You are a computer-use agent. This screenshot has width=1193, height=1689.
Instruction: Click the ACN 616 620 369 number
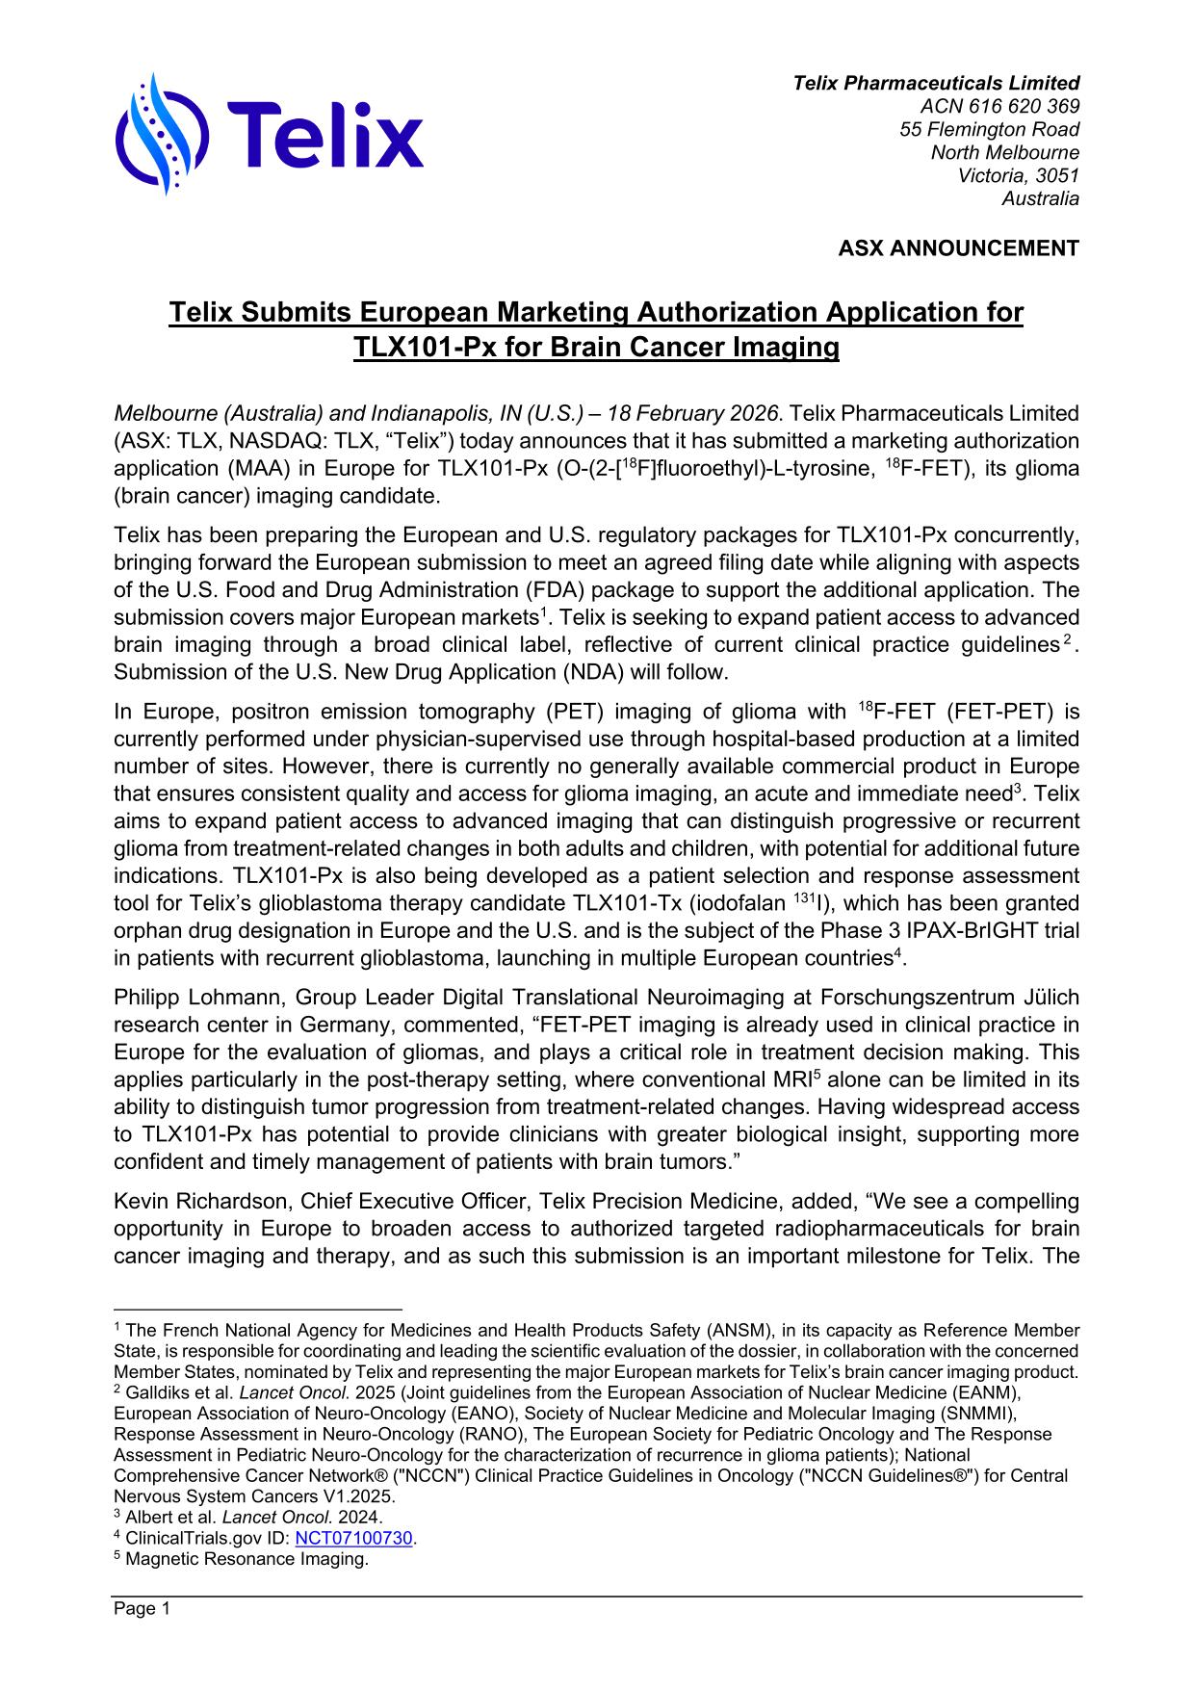pos(999,106)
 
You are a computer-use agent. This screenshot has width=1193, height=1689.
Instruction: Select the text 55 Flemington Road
pos(989,129)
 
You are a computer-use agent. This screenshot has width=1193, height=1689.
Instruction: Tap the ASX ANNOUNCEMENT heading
pos(958,248)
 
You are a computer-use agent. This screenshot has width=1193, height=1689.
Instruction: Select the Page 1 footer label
pos(142,1609)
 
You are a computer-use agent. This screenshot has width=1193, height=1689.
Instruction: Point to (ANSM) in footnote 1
pos(739,1331)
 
